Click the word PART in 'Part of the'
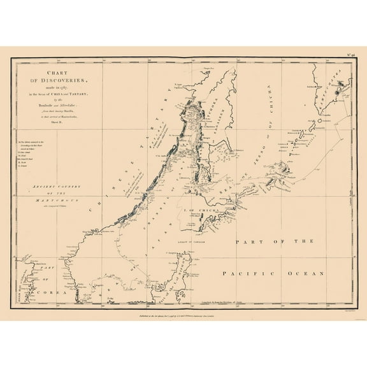249,242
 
